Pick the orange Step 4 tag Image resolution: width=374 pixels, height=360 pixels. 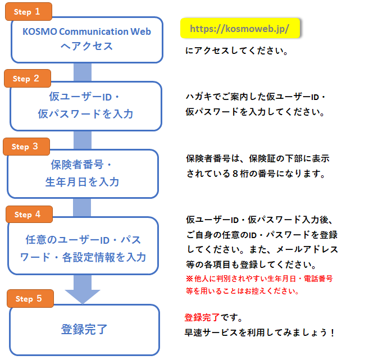click(x=29, y=214)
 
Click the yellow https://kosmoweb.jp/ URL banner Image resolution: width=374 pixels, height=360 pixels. click(x=240, y=28)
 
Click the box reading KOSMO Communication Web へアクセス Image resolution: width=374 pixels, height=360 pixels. click(x=86, y=39)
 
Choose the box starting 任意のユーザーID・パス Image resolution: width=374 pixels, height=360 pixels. click(x=83, y=248)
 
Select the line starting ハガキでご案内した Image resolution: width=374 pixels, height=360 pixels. click(x=256, y=97)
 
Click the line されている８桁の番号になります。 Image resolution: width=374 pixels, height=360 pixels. click(x=256, y=174)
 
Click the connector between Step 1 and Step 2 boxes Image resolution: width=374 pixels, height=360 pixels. click(x=83, y=72)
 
